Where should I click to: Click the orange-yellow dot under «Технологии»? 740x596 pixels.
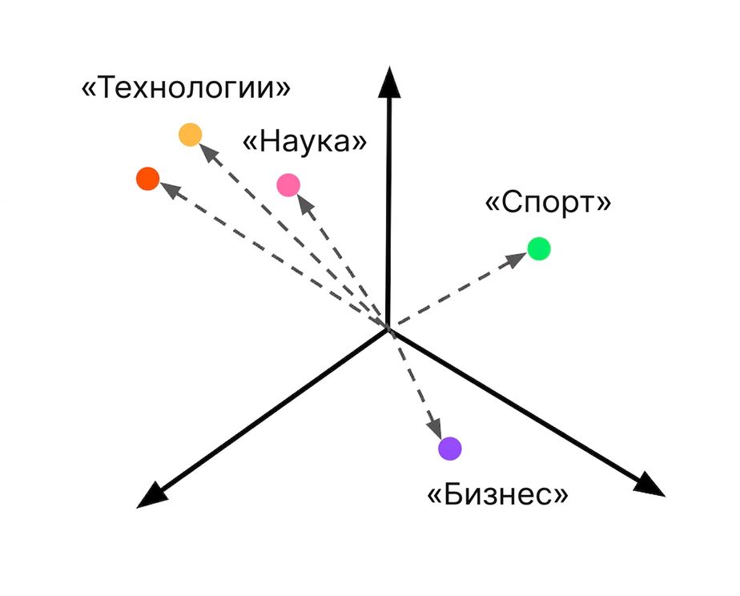(190, 135)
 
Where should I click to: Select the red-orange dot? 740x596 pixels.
(147, 179)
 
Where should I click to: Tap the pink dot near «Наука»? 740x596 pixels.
(288, 185)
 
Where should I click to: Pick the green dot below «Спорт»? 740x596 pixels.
(539, 248)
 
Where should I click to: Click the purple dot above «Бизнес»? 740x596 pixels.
(450, 449)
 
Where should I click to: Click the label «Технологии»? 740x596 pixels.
(186, 88)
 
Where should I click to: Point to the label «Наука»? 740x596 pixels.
(304, 141)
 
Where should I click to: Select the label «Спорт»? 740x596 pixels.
(548, 203)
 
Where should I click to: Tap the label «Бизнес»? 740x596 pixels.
(497, 494)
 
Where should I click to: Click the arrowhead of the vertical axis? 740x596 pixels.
(389, 83)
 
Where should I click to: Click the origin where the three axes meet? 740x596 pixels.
(388, 329)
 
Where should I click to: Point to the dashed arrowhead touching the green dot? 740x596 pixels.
(517, 259)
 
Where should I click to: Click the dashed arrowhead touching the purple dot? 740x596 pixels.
(435, 429)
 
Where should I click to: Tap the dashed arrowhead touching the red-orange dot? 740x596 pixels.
(170, 190)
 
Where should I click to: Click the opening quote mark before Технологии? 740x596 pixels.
(88, 89)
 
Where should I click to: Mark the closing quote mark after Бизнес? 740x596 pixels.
(561, 496)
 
